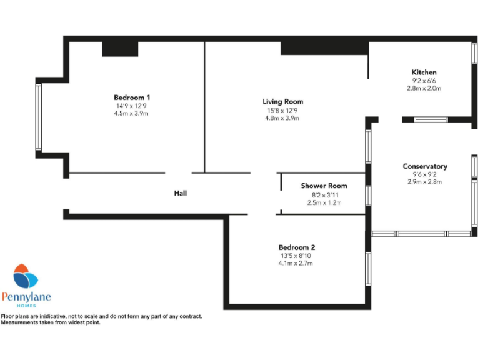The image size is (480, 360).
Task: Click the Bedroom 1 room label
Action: [132, 97]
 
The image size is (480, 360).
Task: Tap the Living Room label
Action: [282, 102]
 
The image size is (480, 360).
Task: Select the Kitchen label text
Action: [424, 72]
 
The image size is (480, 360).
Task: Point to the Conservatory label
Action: [424, 166]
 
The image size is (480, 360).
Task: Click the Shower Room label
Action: [324, 186]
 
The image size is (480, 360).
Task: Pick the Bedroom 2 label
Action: [297, 247]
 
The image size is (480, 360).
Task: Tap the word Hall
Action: [180, 194]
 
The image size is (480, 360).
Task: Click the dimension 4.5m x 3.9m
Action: [132, 113]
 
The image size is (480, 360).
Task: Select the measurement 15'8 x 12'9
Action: [282, 110]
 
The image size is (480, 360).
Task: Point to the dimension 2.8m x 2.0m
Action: [424, 88]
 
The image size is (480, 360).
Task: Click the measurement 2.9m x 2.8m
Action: [424, 182]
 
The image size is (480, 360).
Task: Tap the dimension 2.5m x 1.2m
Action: [324, 202]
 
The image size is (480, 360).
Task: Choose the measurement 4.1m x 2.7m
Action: [297, 263]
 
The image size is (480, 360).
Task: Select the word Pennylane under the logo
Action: [26, 297]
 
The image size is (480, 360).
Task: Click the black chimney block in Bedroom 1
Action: [119, 48]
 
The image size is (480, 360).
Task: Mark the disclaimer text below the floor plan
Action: [102, 319]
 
